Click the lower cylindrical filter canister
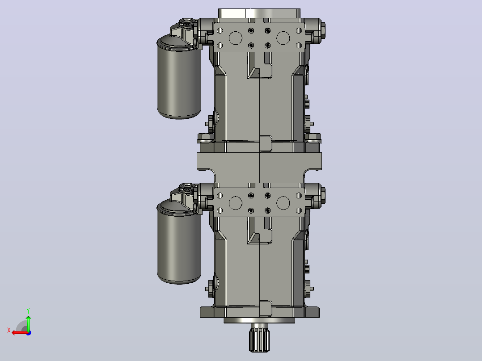point(179,242)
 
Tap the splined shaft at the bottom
point(259,338)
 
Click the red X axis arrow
point(20,333)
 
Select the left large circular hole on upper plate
point(236,38)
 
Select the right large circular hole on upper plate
point(283,38)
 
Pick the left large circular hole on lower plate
point(236,203)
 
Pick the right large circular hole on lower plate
point(283,203)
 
